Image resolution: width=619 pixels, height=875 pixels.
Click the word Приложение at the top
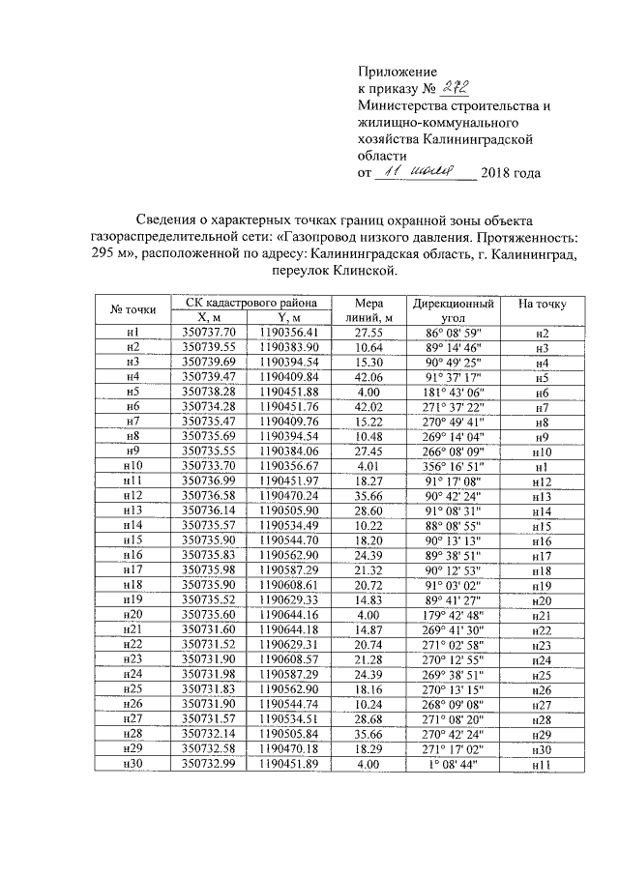click(x=398, y=72)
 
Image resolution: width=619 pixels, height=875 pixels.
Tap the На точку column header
click(x=542, y=304)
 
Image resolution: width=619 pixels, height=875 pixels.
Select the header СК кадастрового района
click(x=248, y=302)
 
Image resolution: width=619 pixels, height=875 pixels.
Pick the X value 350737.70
click(x=209, y=332)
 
